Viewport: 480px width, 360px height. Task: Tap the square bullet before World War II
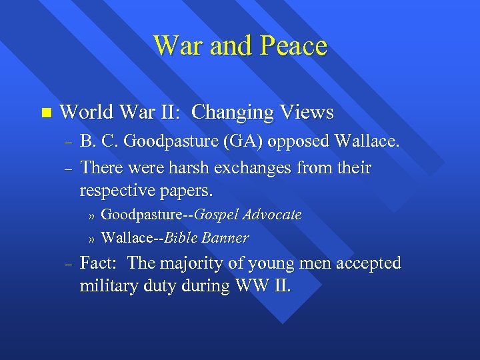[x=45, y=113]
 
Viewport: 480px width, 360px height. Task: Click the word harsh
[x=188, y=167]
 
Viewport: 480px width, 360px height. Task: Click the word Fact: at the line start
[x=100, y=263]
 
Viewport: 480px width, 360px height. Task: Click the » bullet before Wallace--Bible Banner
[x=92, y=239]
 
